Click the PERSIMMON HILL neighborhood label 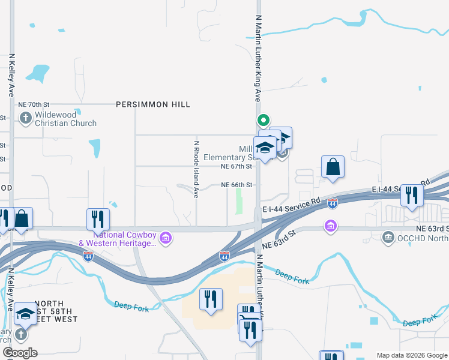pyautogui.click(x=153, y=104)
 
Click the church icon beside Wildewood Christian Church pyautogui.click(x=25, y=118)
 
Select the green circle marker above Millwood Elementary pyautogui.click(x=262, y=119)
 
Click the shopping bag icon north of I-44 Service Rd pyautogui.click(x=333, y=167)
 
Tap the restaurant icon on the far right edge pyautogui.click(x=412, y=196)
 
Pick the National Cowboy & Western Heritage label pyautogui.click(x=118, y=239)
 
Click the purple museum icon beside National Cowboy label pyautogui.click(x=166, y=239)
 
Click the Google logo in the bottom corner pyautogui.click(x=20, y=353)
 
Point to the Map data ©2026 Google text pyautogui.click(x=411, y=355)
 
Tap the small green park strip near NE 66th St pyautogui.click(x=240, y=201)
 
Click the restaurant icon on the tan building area pyautogui.click(x=211, y=299)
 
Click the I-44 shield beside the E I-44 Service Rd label pyautogui.click(x=333, y=205)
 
